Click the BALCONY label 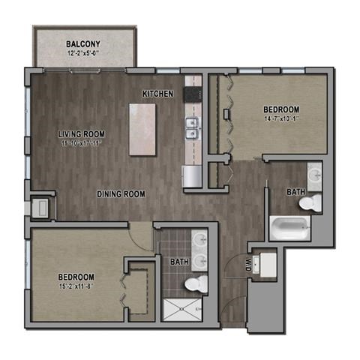83,43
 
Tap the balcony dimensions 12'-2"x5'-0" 83,52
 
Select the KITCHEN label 158,94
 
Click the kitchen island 142,129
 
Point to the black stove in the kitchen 193,94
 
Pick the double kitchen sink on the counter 193,128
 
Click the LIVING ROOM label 82,135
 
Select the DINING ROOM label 121,194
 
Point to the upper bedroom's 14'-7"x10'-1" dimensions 281,118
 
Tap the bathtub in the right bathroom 289,227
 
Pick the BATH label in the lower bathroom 178,262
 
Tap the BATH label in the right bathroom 295,192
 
